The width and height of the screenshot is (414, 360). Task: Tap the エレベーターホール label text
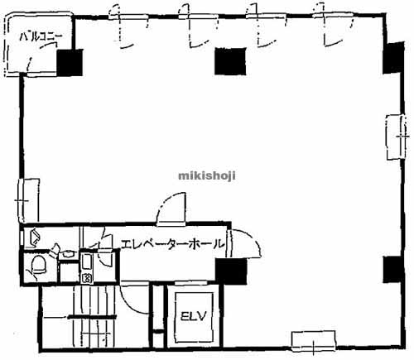pyautogui.click(x=172, y=244)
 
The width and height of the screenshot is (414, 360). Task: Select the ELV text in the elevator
pyautogui.click(x=194, y=316)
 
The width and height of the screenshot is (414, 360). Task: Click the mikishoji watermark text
pyautogui.click(x=207, y=175)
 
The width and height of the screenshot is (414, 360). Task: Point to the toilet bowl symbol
pyautogui.click(x=39, y=264)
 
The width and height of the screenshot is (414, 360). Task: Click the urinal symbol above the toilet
pyautogui.click(x=35, y=237)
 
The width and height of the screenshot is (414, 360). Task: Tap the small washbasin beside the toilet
pyautogui.click(x=67, y=253)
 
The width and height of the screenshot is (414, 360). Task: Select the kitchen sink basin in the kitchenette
pyautogui.click(x=87, y=262)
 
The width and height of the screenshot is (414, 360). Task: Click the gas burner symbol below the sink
pyautogui.click(x=87, y=278)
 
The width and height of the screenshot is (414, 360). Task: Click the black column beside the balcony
pyautogui.click(x=70, y=63)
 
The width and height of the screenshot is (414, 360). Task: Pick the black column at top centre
pyautogui.click(x=230, y=61)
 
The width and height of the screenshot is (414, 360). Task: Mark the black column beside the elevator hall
pyautogui.click(x=231, y=271)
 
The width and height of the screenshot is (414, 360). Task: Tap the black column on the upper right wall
pyautogui.click(x=393, y=58)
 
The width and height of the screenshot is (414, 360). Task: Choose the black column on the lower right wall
pyautogui.click(x=393, y=269)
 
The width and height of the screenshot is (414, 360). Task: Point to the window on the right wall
pyautogui.click(x=397, y=137)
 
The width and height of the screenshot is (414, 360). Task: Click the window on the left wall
pyautogui.click(x=28, y=201)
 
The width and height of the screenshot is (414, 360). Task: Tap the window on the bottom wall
pyautogui.click(x=314, y=342)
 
